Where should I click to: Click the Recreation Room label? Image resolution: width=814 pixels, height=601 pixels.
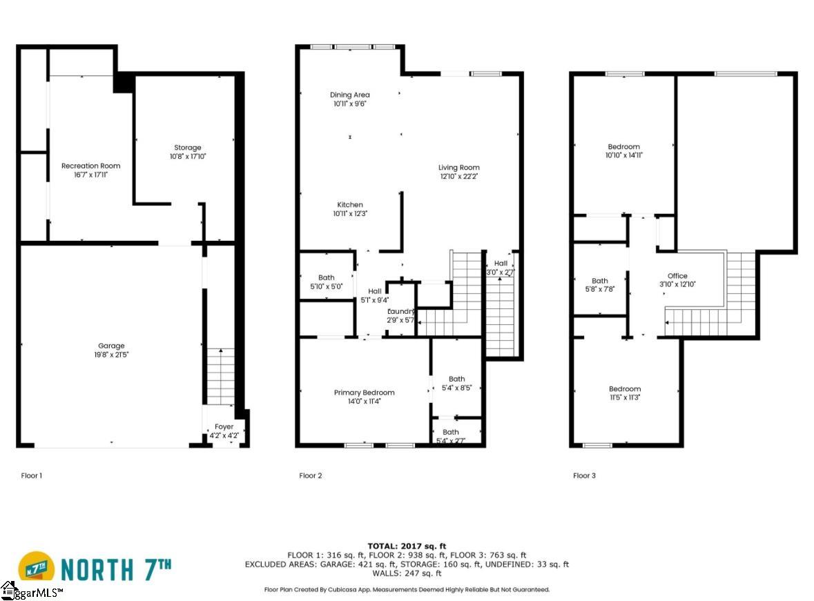click(x=90, y=166)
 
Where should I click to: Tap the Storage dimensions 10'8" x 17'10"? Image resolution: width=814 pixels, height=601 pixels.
click(x=188, y=157)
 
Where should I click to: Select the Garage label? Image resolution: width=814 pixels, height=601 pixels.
click(x=111, y=346)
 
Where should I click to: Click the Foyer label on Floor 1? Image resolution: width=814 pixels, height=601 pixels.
click(x=224, y=426)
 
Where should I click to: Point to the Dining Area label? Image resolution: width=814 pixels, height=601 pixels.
click(x=349, y=95)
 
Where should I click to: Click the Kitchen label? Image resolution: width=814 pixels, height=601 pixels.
click(x=349, y=205)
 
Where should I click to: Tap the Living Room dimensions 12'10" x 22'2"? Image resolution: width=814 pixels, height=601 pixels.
click(x=458, y=177)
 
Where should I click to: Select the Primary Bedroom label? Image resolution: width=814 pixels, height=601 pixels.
click(x=364, y=393)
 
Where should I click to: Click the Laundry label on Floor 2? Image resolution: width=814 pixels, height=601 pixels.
click(x=400, y=311)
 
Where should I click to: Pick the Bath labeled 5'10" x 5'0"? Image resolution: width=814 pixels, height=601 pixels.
click(x=326, y=278)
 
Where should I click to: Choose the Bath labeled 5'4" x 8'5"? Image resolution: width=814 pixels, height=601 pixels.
click(x=456, y=379)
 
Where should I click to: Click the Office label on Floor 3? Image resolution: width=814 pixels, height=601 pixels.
click(x=677, y=276)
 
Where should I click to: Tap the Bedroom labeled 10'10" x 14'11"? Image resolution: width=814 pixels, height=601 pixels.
click(x=623, y=146)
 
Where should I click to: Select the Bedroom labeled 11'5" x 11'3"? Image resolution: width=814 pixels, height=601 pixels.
click(x=624, y=388)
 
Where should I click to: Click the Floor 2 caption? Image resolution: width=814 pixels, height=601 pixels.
click(x=310, y=475)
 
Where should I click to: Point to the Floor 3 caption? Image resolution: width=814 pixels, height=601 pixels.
click(x=584, y=475)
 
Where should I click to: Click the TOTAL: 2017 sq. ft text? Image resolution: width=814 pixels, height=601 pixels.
click(x=407, y=544)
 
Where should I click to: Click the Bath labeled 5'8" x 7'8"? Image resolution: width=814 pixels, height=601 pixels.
click(x=599, y=280)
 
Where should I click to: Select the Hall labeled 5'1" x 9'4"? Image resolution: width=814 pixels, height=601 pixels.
click(x=374, y=291)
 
